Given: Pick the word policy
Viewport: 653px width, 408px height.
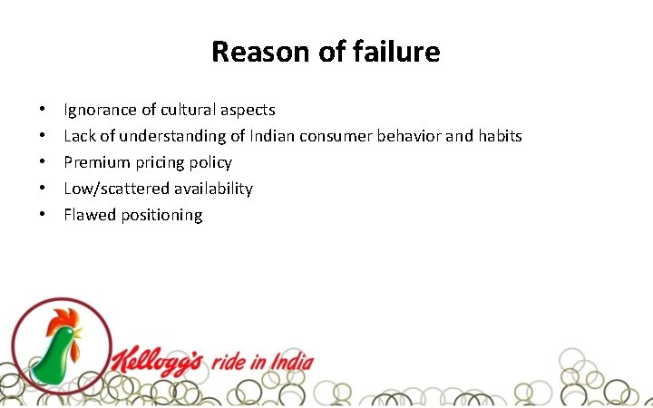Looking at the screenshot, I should [x=211, y=163].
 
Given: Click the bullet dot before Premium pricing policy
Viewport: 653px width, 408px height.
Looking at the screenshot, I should [x=43, y=162].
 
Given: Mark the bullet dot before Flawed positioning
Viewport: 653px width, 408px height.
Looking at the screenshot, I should [x=43, y=215].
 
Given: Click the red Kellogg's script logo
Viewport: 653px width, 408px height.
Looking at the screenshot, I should [x=160, y=361].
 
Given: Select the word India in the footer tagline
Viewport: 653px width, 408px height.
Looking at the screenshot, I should [x=292, y=363].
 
